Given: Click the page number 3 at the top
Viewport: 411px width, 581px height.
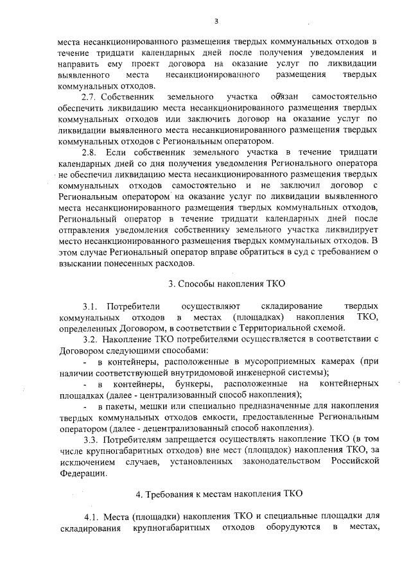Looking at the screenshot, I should tap(216, 21).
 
